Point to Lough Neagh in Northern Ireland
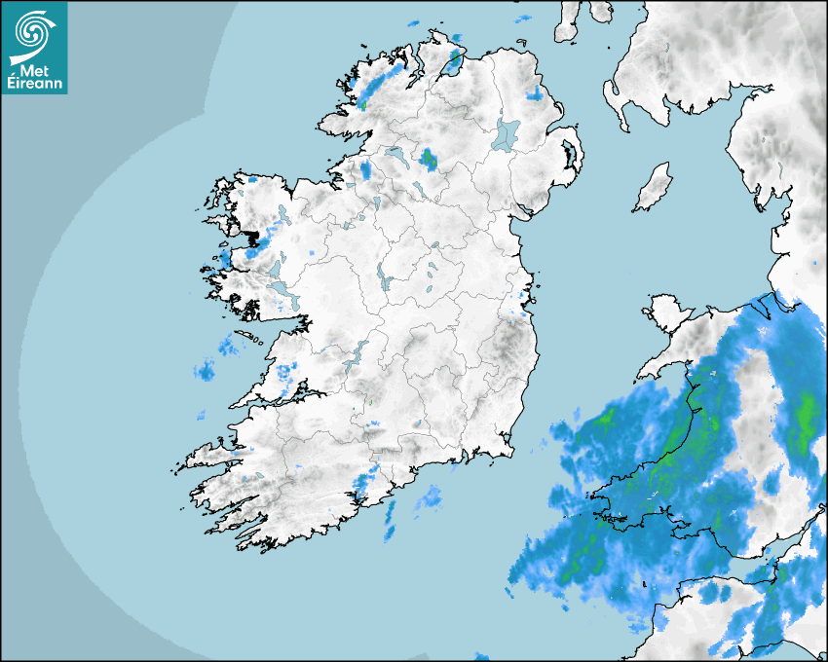pos(507,134)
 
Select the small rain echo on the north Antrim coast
pos(533,94)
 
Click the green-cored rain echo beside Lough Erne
pos(428,159)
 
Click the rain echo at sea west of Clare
pos(206,369)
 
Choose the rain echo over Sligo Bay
pos(365,171)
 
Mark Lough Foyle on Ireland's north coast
pos(453,63)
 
